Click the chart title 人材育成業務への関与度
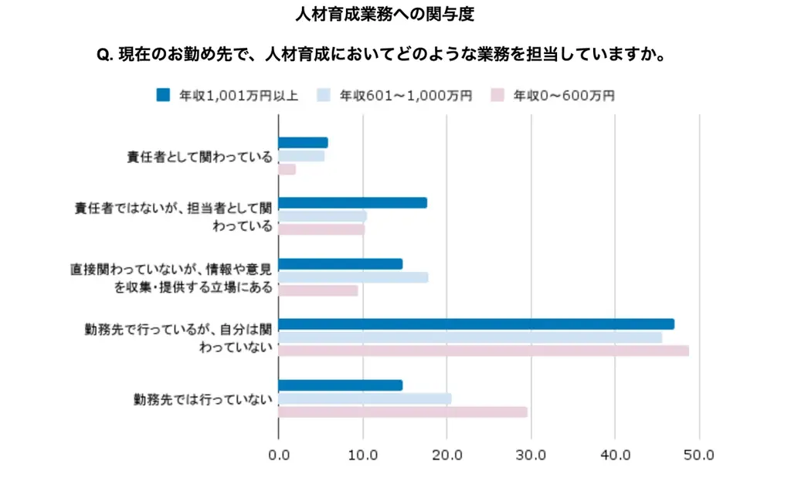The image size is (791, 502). (395, 15)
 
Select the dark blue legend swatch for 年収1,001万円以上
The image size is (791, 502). (163, 95)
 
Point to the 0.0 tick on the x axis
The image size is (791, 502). (278, 456)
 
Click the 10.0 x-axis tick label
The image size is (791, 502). (363, 456)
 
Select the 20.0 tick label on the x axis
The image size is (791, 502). (447, 456)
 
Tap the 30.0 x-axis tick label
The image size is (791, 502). (531, 456)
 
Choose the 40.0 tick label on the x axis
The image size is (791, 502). (616, 456)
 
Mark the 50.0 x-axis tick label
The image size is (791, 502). (700, 456)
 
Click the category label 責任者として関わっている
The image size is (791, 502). (199, 157)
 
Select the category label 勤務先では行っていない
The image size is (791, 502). (203, 399)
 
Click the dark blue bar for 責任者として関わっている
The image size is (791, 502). (303, 143)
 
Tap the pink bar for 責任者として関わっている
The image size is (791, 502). (287, 169)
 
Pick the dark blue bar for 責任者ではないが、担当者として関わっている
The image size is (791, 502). (352, 203)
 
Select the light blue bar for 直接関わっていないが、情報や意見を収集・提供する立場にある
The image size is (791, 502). (353, 277)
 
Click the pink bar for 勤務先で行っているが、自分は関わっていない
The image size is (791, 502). (483, 351)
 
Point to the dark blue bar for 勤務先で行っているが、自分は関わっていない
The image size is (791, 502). (476, 324)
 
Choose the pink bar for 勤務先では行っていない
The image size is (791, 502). (402, 412)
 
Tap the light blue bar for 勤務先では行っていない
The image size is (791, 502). (365, 399)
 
